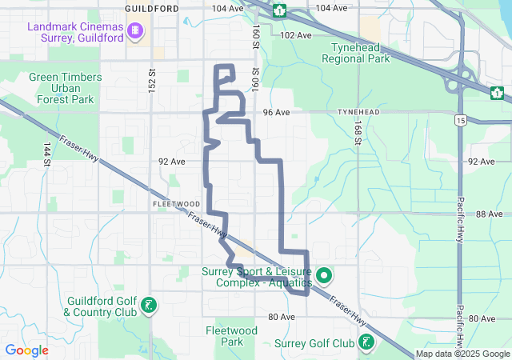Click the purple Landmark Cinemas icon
point(134,31)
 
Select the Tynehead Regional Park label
point(354,53)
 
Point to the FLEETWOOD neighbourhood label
point(169,205)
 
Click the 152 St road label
point(151,78)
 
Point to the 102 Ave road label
point(296,35)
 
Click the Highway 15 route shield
point(460,121)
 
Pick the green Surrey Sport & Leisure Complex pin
point(324,277)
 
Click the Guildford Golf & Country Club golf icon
point(148,305)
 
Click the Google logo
point(26,350)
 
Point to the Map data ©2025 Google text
point(462,354)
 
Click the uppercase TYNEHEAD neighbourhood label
point(358,113)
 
